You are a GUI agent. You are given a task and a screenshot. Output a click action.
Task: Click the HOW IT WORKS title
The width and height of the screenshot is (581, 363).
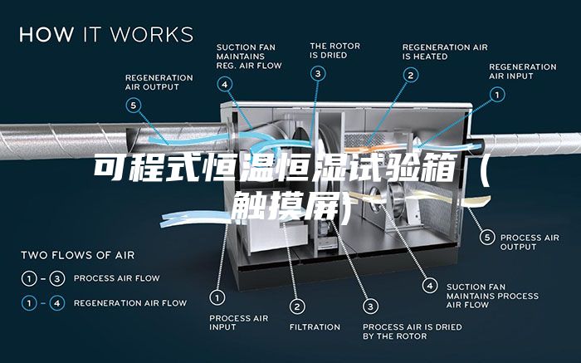click(x=106, y=34)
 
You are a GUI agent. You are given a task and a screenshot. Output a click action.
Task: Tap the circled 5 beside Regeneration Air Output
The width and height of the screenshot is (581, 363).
click(x=134, y=105)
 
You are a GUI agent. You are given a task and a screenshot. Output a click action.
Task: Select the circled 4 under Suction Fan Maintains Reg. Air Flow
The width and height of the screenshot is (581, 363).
click(x=225, y=85)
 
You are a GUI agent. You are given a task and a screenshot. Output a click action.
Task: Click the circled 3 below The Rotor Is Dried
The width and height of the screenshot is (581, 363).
click(x=318, y=73)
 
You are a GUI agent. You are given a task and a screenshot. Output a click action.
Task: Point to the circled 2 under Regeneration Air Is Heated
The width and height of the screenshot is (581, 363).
click(x=411, y=76)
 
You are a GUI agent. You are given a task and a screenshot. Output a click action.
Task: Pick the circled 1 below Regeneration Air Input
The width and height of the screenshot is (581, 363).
click(x=497, y=95)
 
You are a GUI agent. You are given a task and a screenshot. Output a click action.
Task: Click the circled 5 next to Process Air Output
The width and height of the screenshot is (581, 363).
click(x=487, y=238)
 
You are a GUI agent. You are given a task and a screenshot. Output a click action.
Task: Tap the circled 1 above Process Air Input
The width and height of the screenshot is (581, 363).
click(x=217, y=297)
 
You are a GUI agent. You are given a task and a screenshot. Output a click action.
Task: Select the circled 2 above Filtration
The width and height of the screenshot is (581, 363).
click(x=297, y=307)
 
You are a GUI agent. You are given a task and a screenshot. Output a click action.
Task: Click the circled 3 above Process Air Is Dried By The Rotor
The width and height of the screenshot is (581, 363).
click(x=370, y=307)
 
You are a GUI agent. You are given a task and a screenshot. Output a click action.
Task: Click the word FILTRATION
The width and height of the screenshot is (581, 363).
click(x=315, y=327)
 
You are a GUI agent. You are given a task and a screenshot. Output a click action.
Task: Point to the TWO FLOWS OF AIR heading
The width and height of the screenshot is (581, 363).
click(x=77, y=255)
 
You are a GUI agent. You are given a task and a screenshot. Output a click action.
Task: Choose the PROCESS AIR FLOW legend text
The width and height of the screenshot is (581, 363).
click(x=117, y=278)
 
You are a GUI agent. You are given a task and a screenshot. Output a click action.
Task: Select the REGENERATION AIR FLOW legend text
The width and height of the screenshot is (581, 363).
click(x=130, y=303)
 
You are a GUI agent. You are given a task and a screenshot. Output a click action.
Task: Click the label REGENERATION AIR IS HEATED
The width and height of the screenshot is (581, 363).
click(x=445, y=52)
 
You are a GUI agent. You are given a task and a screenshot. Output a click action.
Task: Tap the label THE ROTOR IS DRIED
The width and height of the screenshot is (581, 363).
click(x=335, y=51)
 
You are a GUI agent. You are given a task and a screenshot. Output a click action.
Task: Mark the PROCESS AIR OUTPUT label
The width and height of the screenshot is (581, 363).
click(x=530, y=242)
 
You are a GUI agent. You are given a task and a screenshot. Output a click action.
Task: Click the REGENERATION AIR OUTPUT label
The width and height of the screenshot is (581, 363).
click(x=159, y=82)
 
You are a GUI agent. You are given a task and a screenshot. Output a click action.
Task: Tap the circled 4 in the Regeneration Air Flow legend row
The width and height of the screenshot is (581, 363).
click(x=57, y=303)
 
